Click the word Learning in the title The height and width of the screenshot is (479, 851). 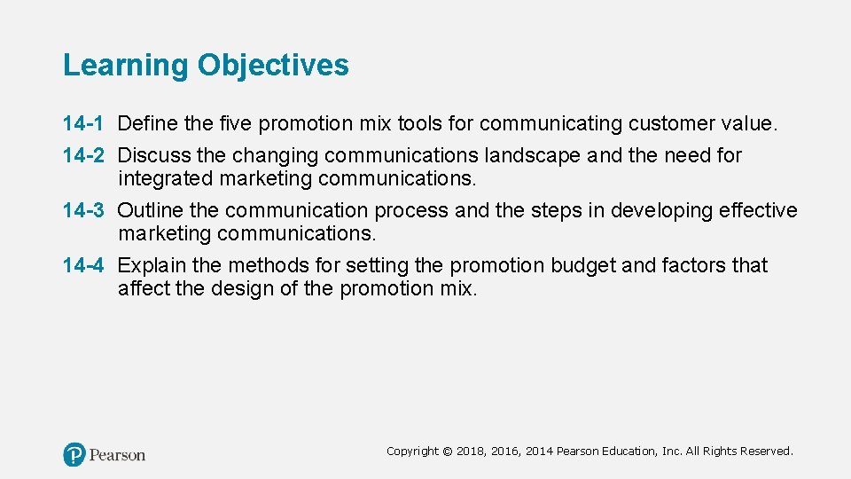(126, 66)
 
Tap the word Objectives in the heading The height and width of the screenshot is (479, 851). (273, 66)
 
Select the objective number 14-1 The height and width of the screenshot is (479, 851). (83, 122)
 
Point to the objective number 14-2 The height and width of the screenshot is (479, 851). (83, 155)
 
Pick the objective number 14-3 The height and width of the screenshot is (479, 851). (83, 210)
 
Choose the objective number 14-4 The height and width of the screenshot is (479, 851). (83, 265)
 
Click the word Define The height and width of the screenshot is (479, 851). (147, 122)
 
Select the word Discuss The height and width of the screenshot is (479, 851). (154, 155)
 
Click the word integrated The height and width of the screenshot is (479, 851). (166, 178)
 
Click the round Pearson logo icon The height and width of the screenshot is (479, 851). (74, 455)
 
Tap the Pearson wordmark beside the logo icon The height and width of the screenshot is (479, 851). (117, 455)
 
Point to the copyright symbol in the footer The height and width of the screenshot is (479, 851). (448, 452)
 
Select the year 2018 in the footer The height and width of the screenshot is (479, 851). (472, 452)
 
